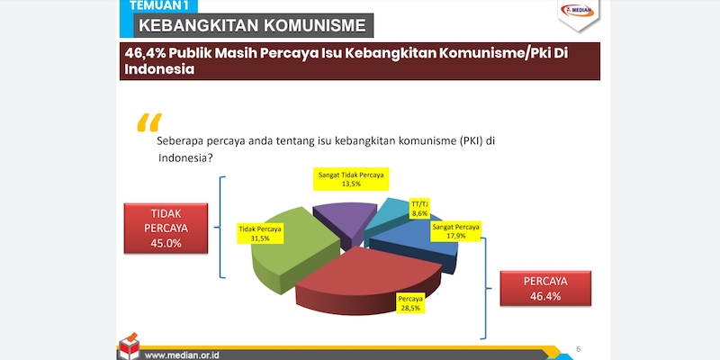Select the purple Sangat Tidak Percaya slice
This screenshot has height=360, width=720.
(x=346, y=220)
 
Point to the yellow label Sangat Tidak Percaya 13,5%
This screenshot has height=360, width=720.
(x=351, y=179)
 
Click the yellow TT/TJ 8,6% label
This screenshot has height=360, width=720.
(x=419, y=209)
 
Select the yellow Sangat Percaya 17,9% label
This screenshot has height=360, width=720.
(x=456, y=231)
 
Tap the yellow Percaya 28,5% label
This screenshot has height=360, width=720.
(x=410, y=303)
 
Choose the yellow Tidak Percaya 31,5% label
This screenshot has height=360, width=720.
(x=260, y=234)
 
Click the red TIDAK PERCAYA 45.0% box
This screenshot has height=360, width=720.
(x=166, y=229)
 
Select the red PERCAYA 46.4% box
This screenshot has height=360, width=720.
(x=545, y=288)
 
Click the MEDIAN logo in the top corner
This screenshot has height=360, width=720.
(x=578, y=11)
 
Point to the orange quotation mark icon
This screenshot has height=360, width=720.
(x=149, y=122)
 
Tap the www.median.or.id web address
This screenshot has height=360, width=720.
(x=182, y=355)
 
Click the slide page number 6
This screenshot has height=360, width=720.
(x=579, y=349)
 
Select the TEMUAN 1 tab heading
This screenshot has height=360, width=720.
(x=158, y=5)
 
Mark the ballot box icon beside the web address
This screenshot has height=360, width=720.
(x=129, y=346)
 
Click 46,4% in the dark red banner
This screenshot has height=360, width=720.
(x=145, y=53)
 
